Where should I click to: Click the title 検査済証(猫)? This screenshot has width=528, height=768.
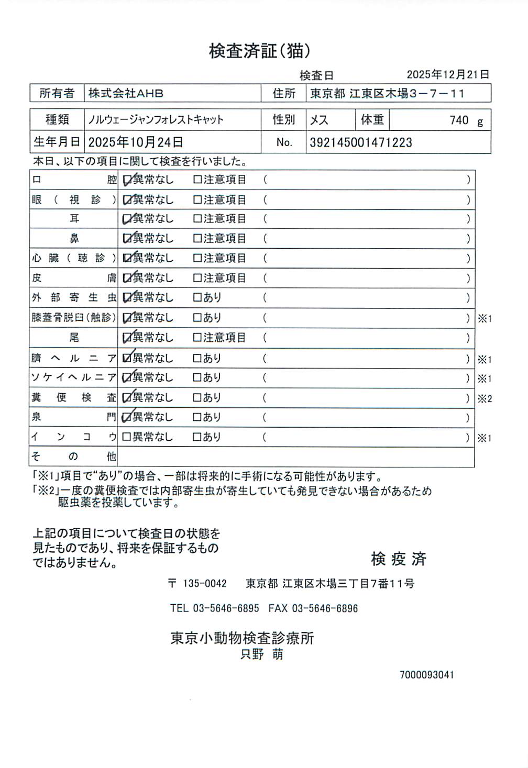pyautogui.click(x=260, y=51)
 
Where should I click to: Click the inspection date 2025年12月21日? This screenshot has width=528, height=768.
pyautogui.click(x=448, y=75)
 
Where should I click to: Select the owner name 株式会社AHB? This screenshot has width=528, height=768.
pyautogui.click(x=126, y=94)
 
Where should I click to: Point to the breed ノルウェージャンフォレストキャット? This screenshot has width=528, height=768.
pyautogui.click(x=156, y=120)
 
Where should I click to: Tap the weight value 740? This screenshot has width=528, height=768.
pyautogui.click(x=459, y=120)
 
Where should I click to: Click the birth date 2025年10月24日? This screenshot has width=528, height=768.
pyautogui.click(x=135, y=142)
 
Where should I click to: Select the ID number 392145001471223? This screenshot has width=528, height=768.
pyautogui.click(x=361, y=142)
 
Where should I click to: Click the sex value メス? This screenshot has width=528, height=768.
pyautogui.click(x=319, y=120)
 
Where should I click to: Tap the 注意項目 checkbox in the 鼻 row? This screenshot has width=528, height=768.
pyautogui.click(x=197, y=239)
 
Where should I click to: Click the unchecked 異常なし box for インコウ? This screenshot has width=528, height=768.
pyautogui.click(x=127, y=437)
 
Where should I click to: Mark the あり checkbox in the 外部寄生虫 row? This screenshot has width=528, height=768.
pyautogui.click(x=197, y=298)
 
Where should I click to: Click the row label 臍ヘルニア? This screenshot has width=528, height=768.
pyautogui.click(x=73, y=359)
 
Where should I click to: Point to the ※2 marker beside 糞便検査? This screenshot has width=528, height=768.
pyautogui.click(x=485, y=399)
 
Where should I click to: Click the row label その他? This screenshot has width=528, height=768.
pyautogui.click(x=73, y=457)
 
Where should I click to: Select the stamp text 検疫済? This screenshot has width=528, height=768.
pyautogui.click(x=399, y=559)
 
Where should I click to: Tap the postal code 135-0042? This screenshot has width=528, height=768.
pyautogui.click(x=205, y=584)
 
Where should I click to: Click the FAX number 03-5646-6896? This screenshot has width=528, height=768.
pyautogui.click(x=325, y=608)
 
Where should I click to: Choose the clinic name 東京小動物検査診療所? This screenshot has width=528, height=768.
pyautogui.click(x=242, y=638)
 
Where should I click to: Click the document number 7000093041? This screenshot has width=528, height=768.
pyautogui.click(x=426, y=675)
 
